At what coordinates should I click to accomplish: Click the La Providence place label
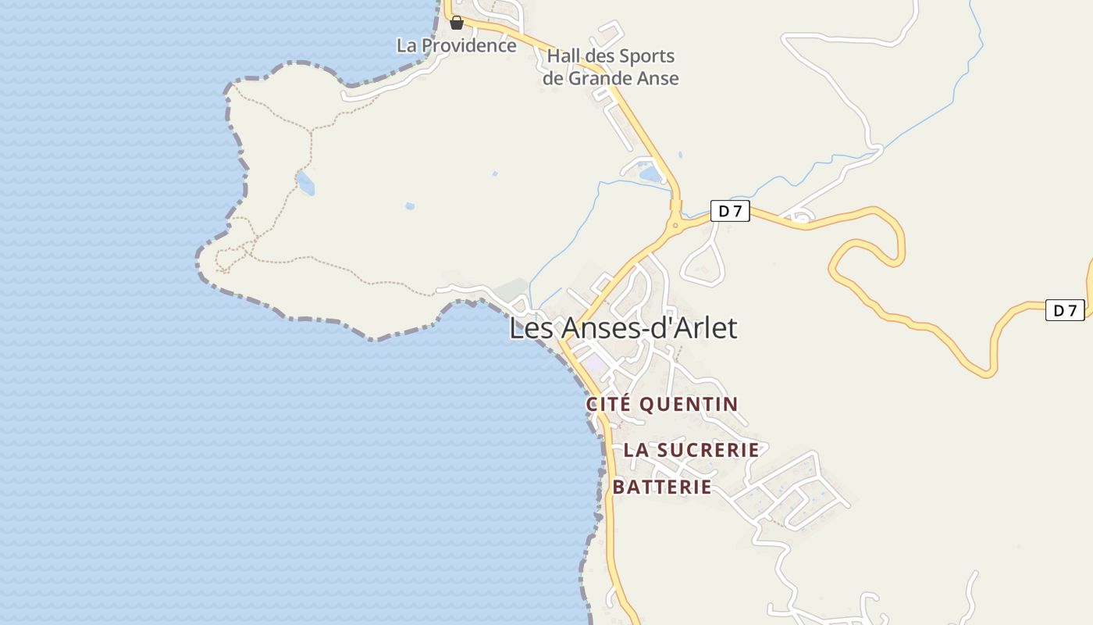point(457,45)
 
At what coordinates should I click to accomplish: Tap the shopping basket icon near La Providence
point(457,23)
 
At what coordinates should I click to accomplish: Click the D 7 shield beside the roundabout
point(730,211)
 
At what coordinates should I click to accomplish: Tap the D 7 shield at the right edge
point(1065,310)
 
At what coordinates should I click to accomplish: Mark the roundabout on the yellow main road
point(676,226)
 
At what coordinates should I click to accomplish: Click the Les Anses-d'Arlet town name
point(623,328)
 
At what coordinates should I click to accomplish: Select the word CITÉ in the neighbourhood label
point(609,404)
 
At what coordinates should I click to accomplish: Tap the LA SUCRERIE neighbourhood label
point(691,450)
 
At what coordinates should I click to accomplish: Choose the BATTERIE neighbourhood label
point(662,487)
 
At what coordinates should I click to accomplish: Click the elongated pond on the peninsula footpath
point(305,183)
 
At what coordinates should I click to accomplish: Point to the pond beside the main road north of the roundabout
point(650,174)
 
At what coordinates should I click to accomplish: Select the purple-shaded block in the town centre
point(595,363)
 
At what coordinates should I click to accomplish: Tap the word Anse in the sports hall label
point(657,78)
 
